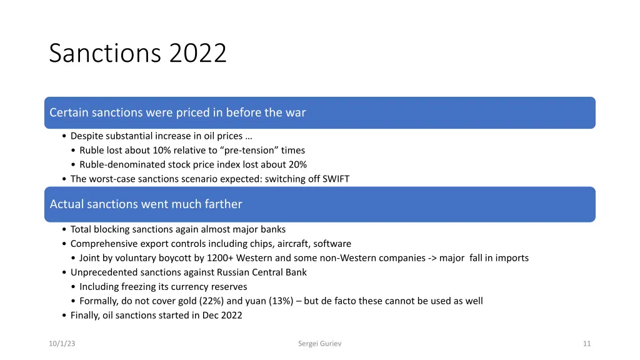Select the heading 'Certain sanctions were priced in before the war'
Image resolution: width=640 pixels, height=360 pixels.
click(177, 112)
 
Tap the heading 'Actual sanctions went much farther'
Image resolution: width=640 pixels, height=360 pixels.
click(146, 204)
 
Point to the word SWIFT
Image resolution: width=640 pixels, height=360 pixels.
click(335, 179)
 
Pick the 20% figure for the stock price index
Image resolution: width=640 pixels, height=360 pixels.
click(296, 164)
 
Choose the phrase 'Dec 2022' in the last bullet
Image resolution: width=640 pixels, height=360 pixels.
click(222, 315)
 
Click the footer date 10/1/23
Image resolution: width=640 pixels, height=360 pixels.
click(62, 343)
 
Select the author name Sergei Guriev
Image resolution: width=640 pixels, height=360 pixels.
click(320, 343)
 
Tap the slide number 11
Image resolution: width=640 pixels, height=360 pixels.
click(586, 343)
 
